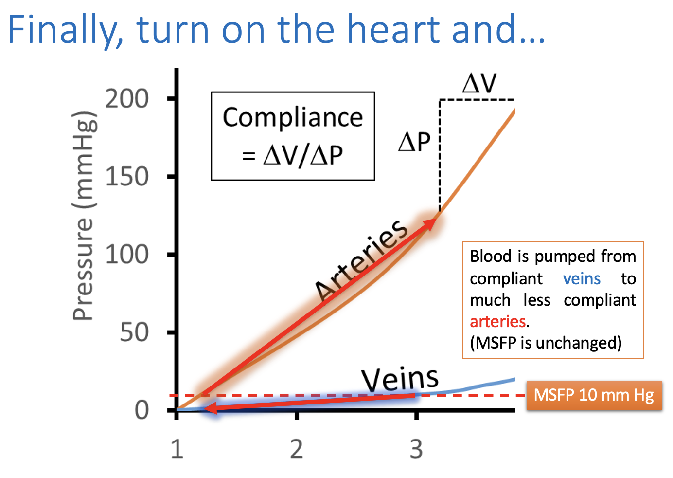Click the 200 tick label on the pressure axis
(127, 99)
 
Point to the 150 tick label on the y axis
(127, 177)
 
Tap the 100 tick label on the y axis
(127, 255)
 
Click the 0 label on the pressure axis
(142, 410)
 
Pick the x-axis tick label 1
(177, 449)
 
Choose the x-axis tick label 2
(297, 449)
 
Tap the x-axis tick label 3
(416, 449)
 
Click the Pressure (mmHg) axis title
(84, 217)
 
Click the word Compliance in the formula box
(293, 118)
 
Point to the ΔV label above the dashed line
(479, 83)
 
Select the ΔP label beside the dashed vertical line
(414, 142)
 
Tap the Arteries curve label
(361, 260)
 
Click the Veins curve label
(400, 379)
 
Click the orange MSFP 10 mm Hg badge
(594, 395)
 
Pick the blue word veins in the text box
(582, 278)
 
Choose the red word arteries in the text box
(497, 321)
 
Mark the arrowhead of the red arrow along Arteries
(431, 223)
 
